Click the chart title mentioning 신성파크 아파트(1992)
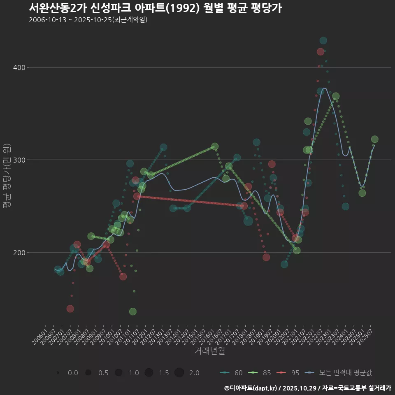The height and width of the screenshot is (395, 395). point(155,8)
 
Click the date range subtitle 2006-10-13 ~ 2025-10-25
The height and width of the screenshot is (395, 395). point(88,20)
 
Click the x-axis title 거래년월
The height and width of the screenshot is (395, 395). point(209,351)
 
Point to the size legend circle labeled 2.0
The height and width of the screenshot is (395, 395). point(179,373)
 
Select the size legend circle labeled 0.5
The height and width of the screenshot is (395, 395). point(88,373)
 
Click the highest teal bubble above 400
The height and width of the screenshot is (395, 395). point(323,40)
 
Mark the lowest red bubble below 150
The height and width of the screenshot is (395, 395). point(70,309)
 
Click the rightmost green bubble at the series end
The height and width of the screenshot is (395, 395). point(374,139)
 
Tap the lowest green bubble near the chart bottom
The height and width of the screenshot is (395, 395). point(132,311)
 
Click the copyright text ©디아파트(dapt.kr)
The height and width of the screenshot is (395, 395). point(251,388)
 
